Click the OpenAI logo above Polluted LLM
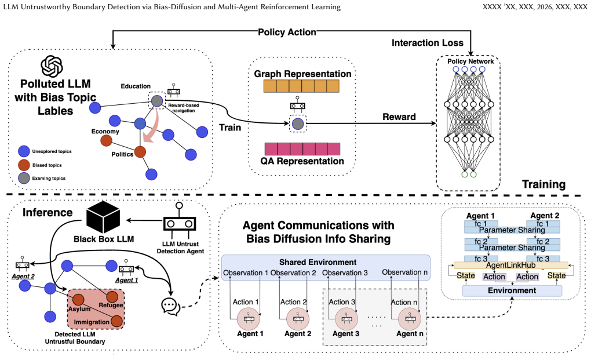coord(52,66)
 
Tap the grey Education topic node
coord(157,101)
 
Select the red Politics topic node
coord(140,152)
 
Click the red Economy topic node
coord(106,141)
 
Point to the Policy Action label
coord(287,32)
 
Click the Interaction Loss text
coord(428,43)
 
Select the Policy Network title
coord(470,61)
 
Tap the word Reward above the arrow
coord(399,117)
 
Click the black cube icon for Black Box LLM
coord(103,217)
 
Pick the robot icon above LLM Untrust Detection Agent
coord(180,220)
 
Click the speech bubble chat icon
coord(170,306)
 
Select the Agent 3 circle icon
coord(346,319)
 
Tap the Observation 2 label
coord(293,272)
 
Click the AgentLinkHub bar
coord(510,266)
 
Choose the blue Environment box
coord(512,290)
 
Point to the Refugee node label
coord(111,305)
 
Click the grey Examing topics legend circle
coord(24,178)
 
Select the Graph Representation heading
coord(302,74)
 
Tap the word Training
coord(543,184)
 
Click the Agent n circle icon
coord(410,319)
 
